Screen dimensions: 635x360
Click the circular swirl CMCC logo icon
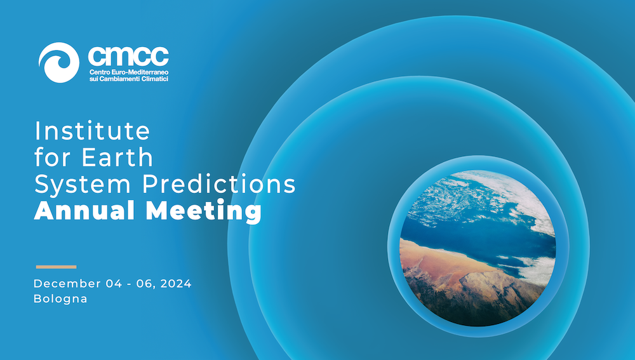pyautogui.click(x=59, y=62)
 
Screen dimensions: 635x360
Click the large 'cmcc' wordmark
pyautogui.click(x=128, y=56)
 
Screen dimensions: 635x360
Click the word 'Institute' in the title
pyautogui.click(x=92, y=130)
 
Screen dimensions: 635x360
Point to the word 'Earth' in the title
pyautogui.click(x=117, y=157)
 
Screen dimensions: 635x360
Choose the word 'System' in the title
pyautogui.click(x=83, y=184)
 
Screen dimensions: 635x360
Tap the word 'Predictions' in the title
pyautogui.click(x=218, y=183)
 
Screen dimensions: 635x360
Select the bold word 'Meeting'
pyautogui.click(x=204, y=211)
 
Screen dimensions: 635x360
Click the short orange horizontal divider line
pyautogui.click(x=56, y=267)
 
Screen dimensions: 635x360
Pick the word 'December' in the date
pyautogui.click(x=67, y=283)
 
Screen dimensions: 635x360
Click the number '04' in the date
pyautogui.click(x=114, y=283)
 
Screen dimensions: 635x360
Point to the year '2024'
pyautogui.click(x=176, y=283)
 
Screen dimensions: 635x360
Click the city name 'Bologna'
pyautogui.click(x=60, y=299)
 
